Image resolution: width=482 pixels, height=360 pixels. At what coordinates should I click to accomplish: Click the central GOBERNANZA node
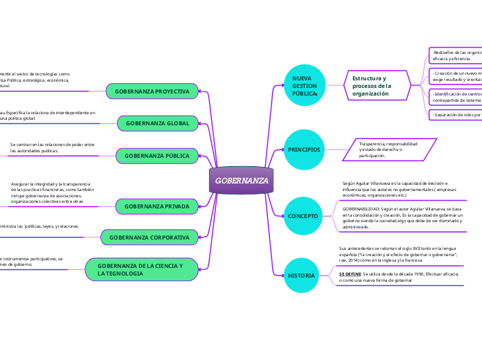click(x=241, y=181)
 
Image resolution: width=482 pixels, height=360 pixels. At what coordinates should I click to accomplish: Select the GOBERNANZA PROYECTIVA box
click(x=152, y=91)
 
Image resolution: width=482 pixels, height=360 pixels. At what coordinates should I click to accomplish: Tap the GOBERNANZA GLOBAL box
click(x=157, y=123)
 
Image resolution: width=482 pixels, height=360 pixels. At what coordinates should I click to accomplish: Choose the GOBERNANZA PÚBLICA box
click(x=157, y=156)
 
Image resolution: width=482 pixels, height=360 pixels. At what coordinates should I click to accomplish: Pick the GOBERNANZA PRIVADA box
click(x=157, y=206)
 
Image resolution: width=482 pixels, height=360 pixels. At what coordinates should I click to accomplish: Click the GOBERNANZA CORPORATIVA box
click(x=149, y=237)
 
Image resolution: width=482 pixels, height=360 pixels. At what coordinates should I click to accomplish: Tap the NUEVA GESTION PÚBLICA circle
click(x=304, y=85)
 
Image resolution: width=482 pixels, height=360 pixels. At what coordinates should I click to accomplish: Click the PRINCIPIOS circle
click(x=304, y=149)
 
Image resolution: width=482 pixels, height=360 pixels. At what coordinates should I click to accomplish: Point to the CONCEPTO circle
click(x=303, y=216)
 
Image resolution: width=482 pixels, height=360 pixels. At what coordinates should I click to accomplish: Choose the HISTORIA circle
click(x=302, y=276)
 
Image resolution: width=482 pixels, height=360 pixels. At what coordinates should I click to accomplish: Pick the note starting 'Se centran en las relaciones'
click(x=53, y=147)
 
